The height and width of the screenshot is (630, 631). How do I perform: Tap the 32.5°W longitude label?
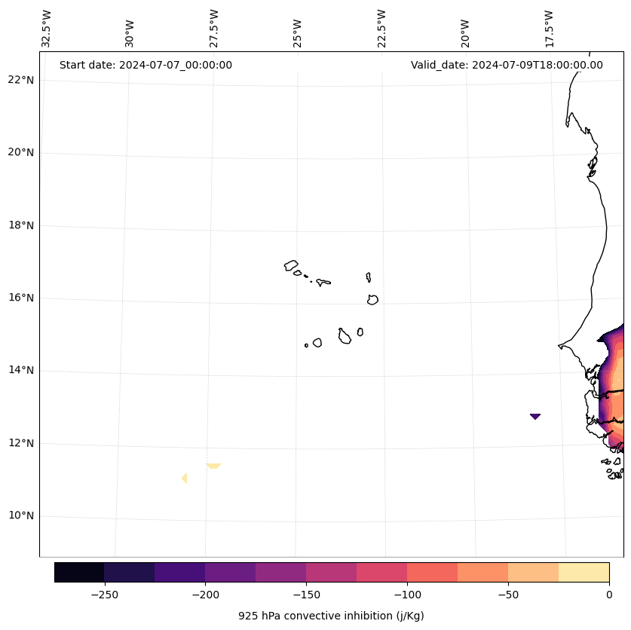(x=47, y=29)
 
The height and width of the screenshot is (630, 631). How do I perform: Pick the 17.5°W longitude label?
(x=549, y=29)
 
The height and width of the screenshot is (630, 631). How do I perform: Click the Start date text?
(x=145, y=65)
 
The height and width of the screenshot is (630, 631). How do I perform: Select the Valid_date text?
(x=507, y=65)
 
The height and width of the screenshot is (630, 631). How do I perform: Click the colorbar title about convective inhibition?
(x=331, y=616)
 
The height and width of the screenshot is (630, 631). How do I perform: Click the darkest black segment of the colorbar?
(x=79, y=572)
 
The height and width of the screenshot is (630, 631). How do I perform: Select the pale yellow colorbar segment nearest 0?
(x=584, y=572)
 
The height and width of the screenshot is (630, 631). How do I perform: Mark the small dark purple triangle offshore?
(x=535, y=415)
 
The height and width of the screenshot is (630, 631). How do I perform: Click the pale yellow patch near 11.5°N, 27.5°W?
(x=213, y=466)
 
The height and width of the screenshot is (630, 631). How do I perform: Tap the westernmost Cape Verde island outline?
(x=291, y=265)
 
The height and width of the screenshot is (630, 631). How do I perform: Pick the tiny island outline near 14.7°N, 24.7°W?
(x=306, y=345)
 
